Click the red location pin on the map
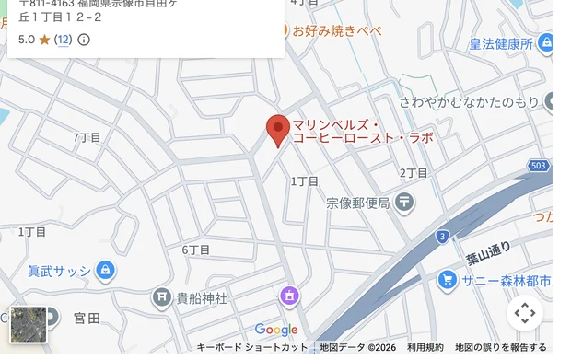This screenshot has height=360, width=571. [x=278, y=129]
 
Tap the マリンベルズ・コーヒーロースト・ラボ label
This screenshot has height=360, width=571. [x=362, y=131]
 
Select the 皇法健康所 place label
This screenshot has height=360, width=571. [x=501, y=44]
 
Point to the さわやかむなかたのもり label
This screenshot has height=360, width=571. [x=470, y=101]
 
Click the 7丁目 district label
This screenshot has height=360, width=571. [x=87, y=137]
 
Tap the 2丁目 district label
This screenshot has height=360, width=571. [x=414, y=172]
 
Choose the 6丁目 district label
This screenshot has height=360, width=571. [x=195, y=250]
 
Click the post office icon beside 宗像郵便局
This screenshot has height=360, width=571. [x=403, y=202]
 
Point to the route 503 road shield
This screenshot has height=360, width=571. [x=539, y=166]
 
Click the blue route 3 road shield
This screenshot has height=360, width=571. [x=443, y=237]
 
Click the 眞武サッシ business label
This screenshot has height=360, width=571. [x=59, y=271]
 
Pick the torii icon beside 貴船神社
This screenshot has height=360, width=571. [x=163, y=296]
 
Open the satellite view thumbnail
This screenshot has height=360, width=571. [x=29, y=324]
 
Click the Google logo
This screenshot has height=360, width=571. [x=276, y=330]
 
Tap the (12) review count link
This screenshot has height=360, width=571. [x=64, y=40]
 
